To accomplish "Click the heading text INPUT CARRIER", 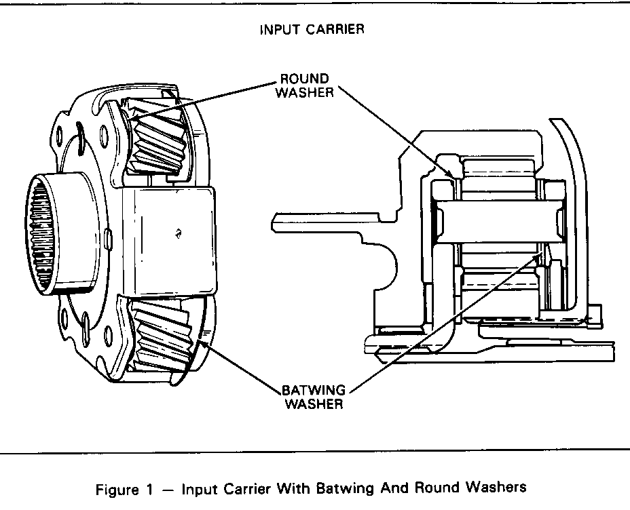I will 312,30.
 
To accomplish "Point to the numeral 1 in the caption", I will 157,487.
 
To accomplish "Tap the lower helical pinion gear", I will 164,336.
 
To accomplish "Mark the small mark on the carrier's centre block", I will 177,233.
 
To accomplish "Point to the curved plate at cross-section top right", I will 574,170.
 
